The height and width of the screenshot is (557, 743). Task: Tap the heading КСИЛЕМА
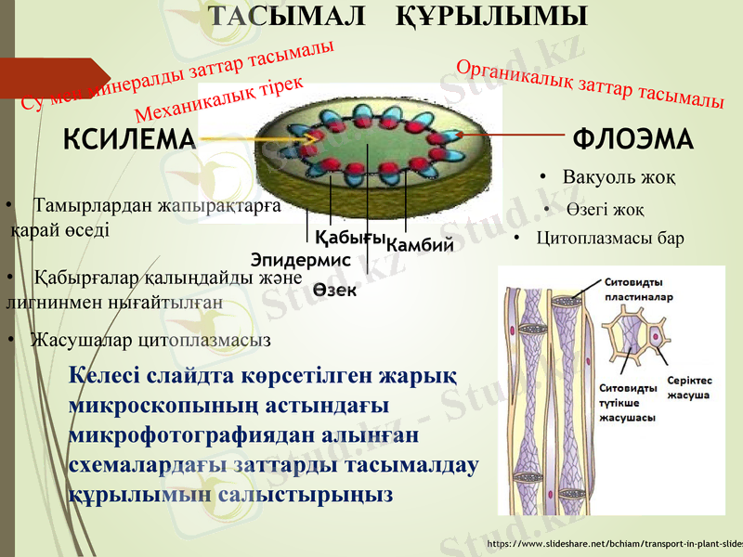(x=130, y=140)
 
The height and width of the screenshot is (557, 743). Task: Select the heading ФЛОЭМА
(x=633, y=140)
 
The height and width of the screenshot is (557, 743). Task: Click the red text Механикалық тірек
(x=219, y=99)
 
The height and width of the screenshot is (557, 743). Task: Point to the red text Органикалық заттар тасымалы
(x=591, y=84)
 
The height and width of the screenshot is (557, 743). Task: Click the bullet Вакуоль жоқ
(x=619, y=176)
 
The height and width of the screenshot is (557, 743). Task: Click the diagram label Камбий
(x=420, y=245)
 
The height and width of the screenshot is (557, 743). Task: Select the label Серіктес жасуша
(x=689, y=388)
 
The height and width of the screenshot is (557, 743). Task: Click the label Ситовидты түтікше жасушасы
(x=629, y=402)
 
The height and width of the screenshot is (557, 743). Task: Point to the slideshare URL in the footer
(x=614, y=542)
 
